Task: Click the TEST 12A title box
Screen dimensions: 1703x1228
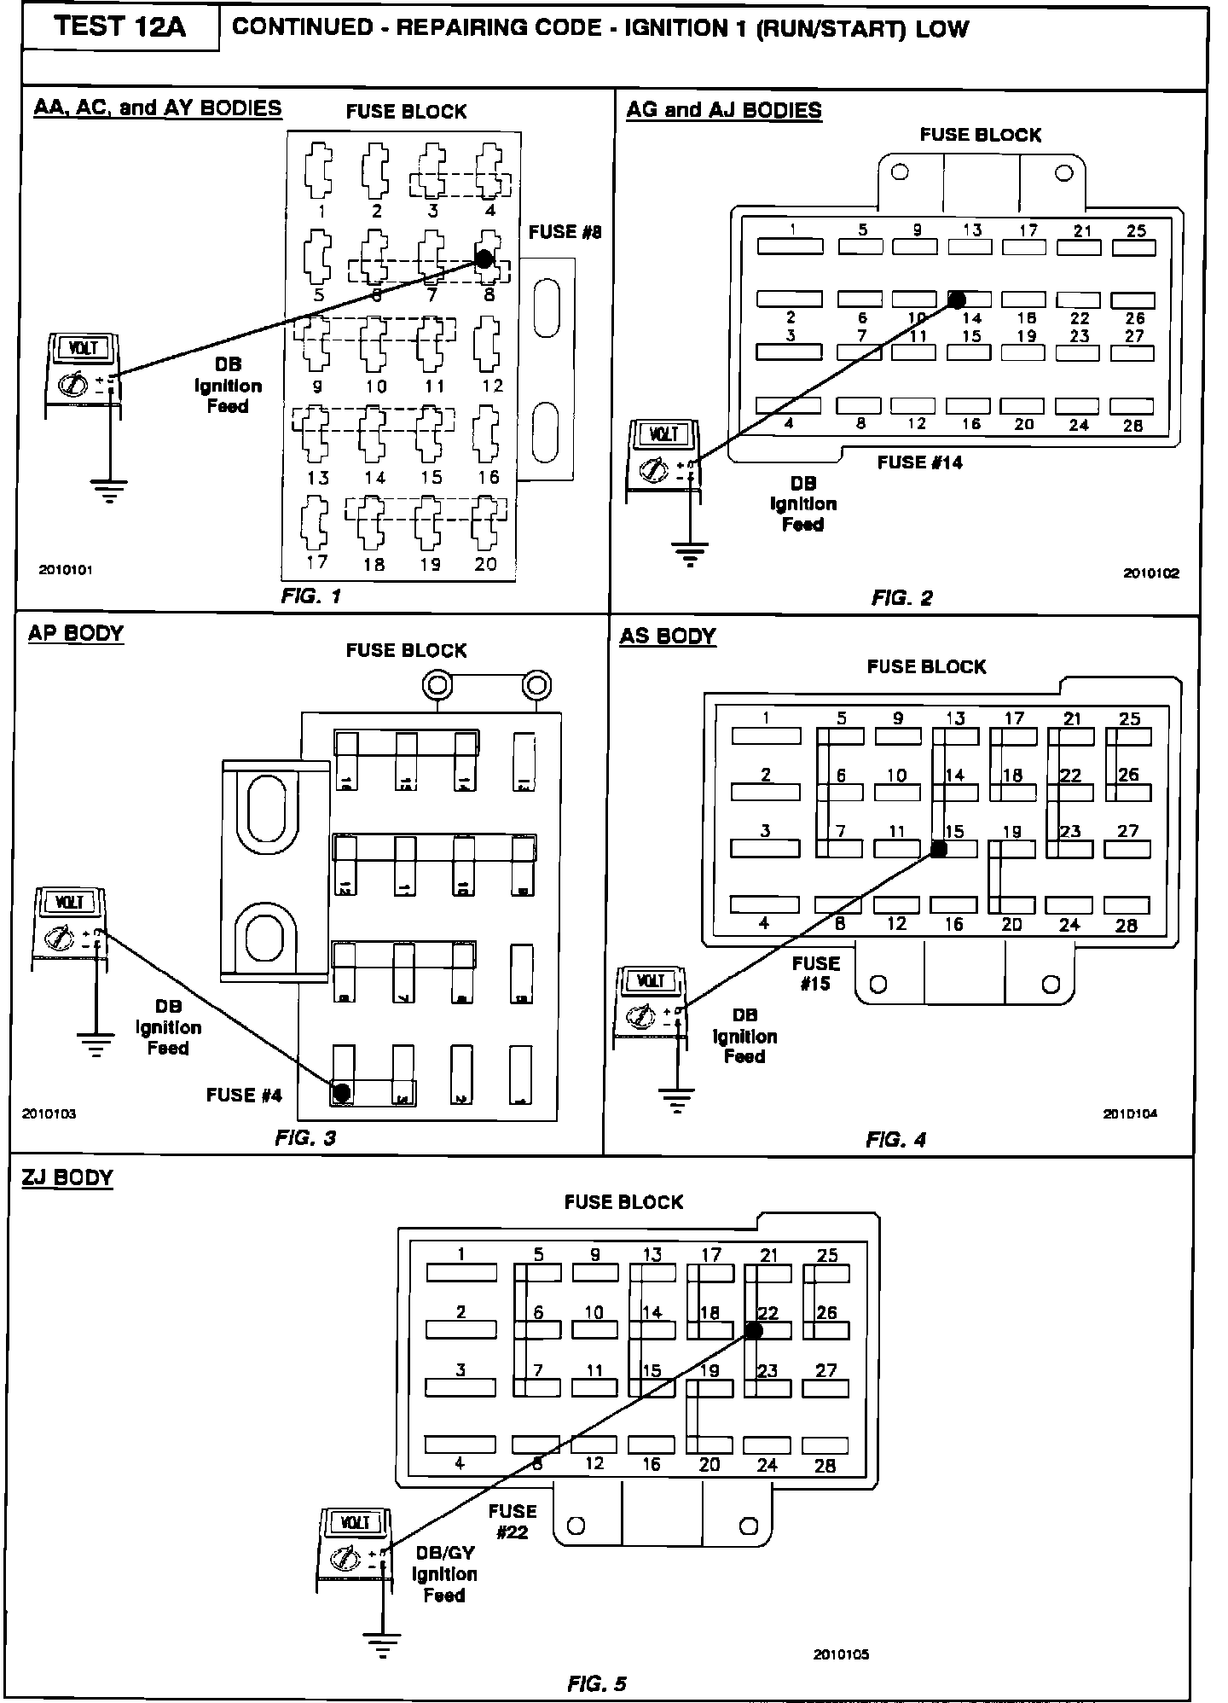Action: [120, 28]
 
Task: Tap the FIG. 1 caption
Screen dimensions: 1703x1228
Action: [311, 596]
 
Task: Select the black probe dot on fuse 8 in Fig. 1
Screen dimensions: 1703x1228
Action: [484, 259]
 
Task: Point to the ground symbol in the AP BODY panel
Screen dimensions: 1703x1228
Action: [96, 1043]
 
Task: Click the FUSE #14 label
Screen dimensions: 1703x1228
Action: [919, 462]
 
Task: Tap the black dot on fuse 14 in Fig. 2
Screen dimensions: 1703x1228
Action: [957, 299]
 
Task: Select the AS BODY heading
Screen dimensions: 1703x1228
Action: [668, 636]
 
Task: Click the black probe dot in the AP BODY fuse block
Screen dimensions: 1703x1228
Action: [341, 1091]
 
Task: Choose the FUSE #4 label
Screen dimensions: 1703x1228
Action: [244, 1095]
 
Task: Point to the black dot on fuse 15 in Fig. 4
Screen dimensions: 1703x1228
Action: [938, 849]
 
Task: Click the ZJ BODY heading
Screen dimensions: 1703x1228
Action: [67, 1178]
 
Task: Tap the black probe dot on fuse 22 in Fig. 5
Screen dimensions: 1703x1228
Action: [753, 1330]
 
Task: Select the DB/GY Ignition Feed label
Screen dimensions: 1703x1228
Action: [444, 1574]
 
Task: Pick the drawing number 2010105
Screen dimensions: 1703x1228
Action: [841, 1654]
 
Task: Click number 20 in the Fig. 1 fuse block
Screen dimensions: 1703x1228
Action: [485, 564]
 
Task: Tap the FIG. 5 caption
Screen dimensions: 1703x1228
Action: [597, 1683]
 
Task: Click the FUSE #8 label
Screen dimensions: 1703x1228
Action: [565, 232]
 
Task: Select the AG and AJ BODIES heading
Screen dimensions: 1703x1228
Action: [724, 110]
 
